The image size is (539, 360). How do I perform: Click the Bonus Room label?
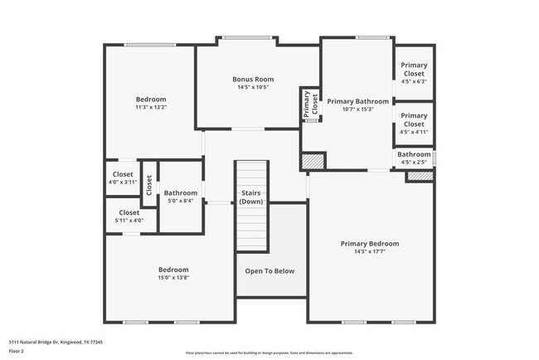[252, 80]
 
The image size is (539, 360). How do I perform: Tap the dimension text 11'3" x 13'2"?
[151, 107]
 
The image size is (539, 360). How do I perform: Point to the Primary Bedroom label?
[369, 244]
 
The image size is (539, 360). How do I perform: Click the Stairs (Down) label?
[252, 197]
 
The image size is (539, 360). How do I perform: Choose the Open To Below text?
[269, 271]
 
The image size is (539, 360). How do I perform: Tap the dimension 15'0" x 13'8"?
[173, 277]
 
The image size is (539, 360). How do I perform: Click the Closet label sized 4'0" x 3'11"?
[123, 174]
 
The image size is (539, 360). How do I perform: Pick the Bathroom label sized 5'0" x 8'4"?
[180, 193]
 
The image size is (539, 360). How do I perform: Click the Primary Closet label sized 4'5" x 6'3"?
[413, 69]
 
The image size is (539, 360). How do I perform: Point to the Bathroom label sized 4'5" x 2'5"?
[413, 154]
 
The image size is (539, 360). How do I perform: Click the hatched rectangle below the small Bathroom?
[419, 176]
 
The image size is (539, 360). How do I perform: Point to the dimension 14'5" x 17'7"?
[369, 251]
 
